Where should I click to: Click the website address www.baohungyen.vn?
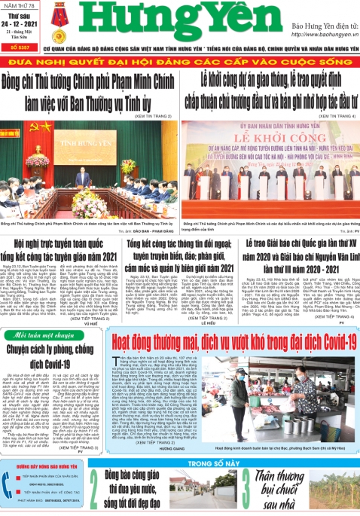[x=321, y=35]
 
